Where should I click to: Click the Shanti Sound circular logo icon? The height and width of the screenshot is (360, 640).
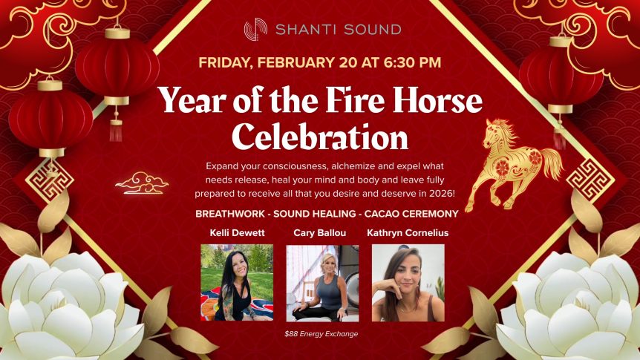[x=255, y=30]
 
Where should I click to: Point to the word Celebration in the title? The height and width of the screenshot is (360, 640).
[x=320, y=137]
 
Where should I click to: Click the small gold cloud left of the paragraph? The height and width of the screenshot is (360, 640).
[x=141, y=182]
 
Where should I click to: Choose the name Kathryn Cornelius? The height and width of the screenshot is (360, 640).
[x=408, y=232]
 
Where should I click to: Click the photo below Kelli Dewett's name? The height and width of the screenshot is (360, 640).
[x=237, y=282]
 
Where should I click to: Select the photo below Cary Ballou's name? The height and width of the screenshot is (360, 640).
[x=322, y=282]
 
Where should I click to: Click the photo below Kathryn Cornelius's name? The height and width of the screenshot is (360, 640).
[x=408, y=282]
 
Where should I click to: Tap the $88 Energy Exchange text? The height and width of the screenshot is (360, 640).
[x=321, y=333]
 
